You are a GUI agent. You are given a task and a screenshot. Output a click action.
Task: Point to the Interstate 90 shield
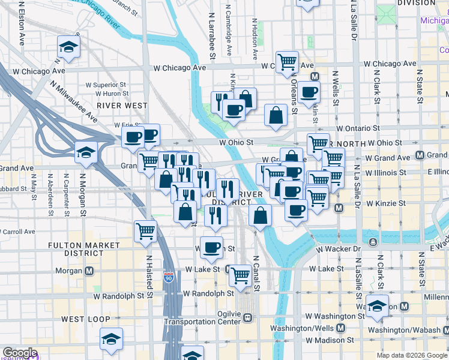click(x=169, y=278)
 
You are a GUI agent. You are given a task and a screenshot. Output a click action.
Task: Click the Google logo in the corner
click(x=19, y=353)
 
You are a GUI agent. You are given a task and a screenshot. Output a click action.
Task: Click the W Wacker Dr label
click(x=340, y=248)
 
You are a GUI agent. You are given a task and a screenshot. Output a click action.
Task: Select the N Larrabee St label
click(x=212, y=36)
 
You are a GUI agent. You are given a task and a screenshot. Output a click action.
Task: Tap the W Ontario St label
click(x=358, y=128)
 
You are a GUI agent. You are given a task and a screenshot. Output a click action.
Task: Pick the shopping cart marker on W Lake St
click(x=240, y=275)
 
